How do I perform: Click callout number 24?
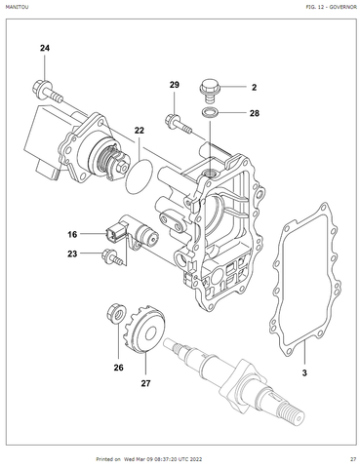click(x=45, y=48)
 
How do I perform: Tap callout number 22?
click(x=140, y=131)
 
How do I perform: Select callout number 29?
click(x=175, y=85)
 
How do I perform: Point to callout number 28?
click(x=255, y=113)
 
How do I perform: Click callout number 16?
click(x=72, y=234)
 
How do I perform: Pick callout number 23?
click(x=72, y=253)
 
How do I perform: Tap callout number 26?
click(x=118, y=368)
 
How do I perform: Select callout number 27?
click(x=145, y=383)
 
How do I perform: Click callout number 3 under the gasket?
click(x=304, y=373)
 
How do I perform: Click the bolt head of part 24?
click(x=39, y=86)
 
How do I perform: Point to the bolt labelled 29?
click(x=179, y=125)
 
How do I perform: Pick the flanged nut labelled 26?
click(x=116, y=313)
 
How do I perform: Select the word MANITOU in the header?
click(x=17, y=7)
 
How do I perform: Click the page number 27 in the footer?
click(x=353, y=459)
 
